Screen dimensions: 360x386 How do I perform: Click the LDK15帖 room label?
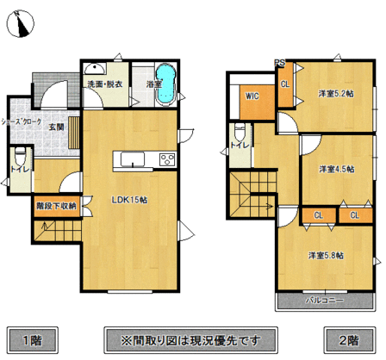[129, 200]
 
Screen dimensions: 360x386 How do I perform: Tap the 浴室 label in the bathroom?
[154, 84]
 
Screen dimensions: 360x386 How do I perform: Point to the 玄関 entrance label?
[56, 127]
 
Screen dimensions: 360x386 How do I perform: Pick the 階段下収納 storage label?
[56, 206]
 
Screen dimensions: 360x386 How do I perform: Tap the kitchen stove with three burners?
[166, 159]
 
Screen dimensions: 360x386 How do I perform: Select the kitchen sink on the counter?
[133, 158]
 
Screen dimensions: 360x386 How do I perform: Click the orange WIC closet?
[253, 97]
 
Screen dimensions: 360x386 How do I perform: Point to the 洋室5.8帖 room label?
[327, 255]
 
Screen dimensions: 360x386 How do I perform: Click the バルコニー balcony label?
[325, 301]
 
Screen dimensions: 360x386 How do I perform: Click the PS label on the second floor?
[279, 62]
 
